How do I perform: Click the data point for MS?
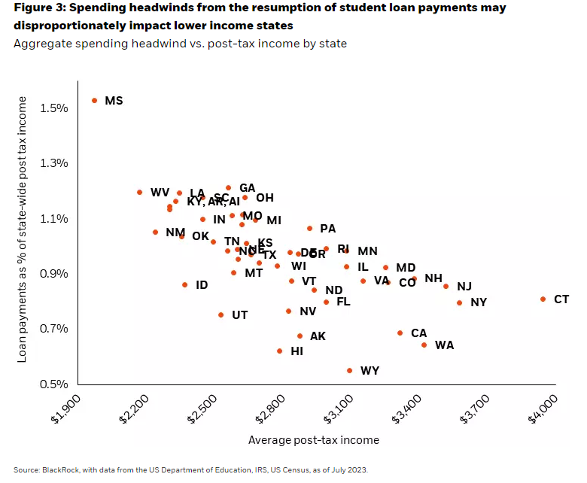(95, 100)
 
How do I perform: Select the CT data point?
(543, 299)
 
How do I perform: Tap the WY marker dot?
(349, 370)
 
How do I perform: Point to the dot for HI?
(280, 351)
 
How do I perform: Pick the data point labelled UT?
(221, 314)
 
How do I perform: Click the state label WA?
(444, 345)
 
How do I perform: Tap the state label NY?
(479, 302)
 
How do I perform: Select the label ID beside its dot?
(202, 285)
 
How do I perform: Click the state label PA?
(327, 229)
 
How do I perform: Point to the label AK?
(318, 336)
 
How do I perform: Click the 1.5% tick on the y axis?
(55, 108)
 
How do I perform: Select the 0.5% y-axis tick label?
(55, 384)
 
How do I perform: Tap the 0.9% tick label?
(55, 274)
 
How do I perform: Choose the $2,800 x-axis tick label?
(269, 406)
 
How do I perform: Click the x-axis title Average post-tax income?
(313, 440)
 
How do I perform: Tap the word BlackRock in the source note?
(61, 470)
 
